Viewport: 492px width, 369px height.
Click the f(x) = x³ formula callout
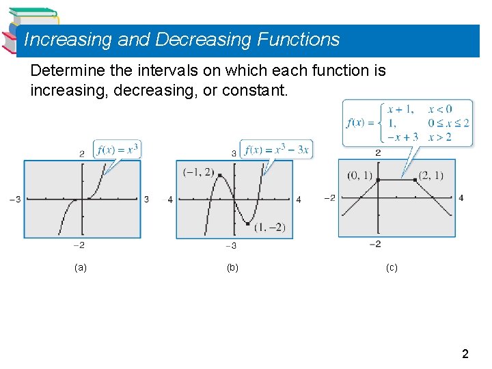click(x=118, y=150)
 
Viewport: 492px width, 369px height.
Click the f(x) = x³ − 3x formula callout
click(x=277, y=150)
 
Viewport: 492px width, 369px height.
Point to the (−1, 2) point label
click(x=198, y=172)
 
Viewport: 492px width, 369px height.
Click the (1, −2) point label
click(x=269, y=228)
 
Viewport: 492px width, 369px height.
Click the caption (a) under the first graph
click(x=81, y=268)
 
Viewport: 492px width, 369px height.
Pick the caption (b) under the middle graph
click(x=232, y=268)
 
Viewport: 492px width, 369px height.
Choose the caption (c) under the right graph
click(x=392, y=268)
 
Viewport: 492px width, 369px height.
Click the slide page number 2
click(x=465, y=354)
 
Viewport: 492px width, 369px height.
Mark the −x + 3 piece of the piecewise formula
click(x=402, y=137)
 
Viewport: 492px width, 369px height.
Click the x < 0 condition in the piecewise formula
click(x=440, y=109)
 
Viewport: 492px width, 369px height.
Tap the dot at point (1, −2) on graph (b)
click(x=248, y=223)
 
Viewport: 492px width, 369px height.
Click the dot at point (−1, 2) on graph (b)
click(x=219, y=176)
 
